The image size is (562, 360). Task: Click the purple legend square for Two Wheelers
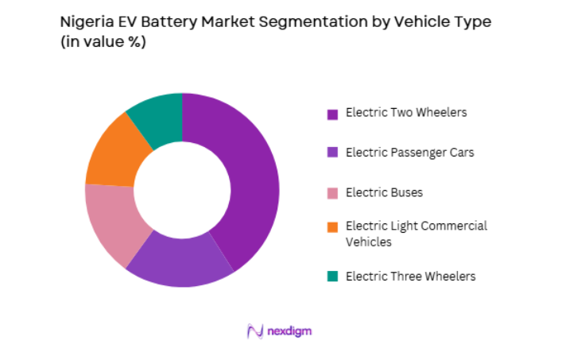point(333,114)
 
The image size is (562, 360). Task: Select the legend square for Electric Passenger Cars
point(333,153)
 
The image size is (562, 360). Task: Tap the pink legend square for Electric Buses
point(333,192)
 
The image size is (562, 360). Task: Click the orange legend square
point(333,227)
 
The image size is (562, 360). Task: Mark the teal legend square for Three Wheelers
point(333,277)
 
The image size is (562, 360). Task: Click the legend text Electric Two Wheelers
point(406,112)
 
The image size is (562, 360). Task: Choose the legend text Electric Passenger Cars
point(409,152)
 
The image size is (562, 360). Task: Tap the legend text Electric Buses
point(384,192)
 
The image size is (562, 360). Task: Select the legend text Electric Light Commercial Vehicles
point(416,234)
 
